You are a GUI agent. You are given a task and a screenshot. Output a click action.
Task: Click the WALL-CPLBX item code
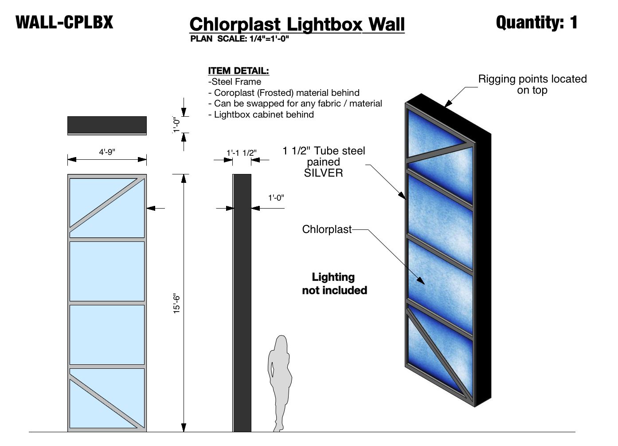coord(64,22)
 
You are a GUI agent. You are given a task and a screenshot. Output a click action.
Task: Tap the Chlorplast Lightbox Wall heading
coord(297,24)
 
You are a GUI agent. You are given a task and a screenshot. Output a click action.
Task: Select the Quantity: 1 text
coord(536,22)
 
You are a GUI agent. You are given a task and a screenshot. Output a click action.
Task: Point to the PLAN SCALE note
coord(239,39)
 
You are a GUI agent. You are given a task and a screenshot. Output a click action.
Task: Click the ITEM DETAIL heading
coord(239,71)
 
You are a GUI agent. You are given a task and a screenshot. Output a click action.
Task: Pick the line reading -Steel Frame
coord(235,82)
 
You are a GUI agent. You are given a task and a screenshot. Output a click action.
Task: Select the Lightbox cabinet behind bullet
coord(261,114)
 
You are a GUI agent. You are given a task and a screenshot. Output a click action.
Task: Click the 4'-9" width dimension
coord(107,152)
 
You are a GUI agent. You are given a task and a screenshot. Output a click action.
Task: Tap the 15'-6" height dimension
coord(177,304)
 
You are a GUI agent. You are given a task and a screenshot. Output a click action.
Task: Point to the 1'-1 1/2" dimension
coord(241,153)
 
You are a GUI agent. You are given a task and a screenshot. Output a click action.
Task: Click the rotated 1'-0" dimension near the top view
coord(177,125)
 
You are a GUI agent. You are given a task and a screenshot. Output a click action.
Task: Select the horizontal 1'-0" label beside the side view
coord(276,198)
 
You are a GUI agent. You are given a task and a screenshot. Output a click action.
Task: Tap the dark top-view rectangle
coord(107,125)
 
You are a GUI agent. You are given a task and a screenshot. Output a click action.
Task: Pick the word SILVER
coord(323,173)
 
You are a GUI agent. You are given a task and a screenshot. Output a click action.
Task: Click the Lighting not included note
coord(334,284)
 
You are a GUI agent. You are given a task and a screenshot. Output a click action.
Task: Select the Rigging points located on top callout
coord(532,84)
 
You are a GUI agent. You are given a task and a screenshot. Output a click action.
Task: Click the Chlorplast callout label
coord(327,229)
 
